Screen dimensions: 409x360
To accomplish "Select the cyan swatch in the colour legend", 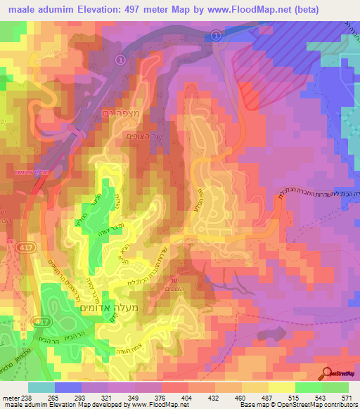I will click(41, 387).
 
